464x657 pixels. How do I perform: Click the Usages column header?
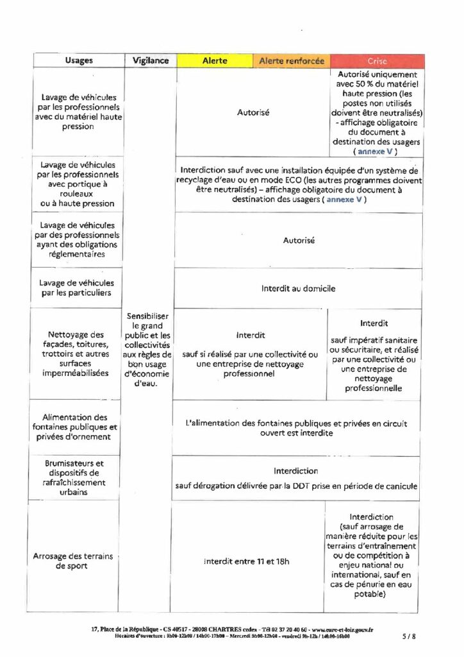coord(78,60)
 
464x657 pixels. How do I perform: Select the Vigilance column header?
coord(151,60)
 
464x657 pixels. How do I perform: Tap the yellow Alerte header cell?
coord(215,60)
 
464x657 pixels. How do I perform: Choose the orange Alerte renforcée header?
coord(292,60)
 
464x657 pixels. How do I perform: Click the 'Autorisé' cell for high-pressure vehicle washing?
coord(253,112)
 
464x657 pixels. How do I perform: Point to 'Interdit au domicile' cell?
coord(298,289)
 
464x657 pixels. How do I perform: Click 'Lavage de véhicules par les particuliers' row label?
coord(76,288)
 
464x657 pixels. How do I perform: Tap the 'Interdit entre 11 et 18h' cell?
coord(247,561)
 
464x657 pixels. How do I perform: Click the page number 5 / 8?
coord(409,636)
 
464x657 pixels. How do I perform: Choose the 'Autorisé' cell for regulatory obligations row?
coord(297,240)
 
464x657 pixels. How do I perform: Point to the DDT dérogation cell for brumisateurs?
coord(296,478)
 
